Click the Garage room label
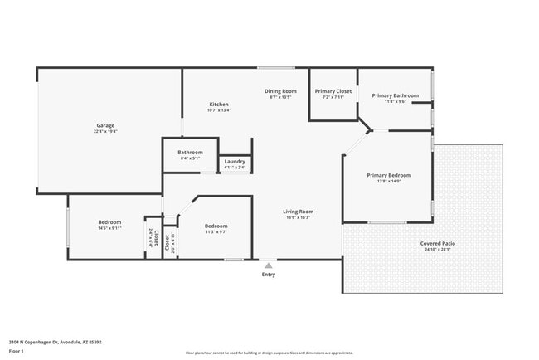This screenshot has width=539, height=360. coord(105,125)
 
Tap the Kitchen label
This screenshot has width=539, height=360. coord(219,105)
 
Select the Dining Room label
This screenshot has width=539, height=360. coord(281,90)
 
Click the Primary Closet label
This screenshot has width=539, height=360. coord(333,90)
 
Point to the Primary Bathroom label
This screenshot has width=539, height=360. coord(395,95)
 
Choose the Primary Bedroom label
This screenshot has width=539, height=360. coord(389,175)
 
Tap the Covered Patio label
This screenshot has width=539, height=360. coord(438,243)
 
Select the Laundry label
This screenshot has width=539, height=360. coord(235,161)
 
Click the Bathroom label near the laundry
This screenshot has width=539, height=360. coord(190,152)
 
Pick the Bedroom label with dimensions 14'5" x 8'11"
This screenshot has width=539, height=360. coord(110,221)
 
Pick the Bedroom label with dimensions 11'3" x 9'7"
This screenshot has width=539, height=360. coord(216,226)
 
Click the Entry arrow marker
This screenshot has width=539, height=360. coord(268,265)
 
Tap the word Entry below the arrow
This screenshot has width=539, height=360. coord(268,275)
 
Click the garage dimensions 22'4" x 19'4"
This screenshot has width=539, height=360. coord(105,131)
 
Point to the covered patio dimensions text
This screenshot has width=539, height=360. coord(438,249)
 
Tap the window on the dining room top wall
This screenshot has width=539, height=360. coord(269,67)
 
